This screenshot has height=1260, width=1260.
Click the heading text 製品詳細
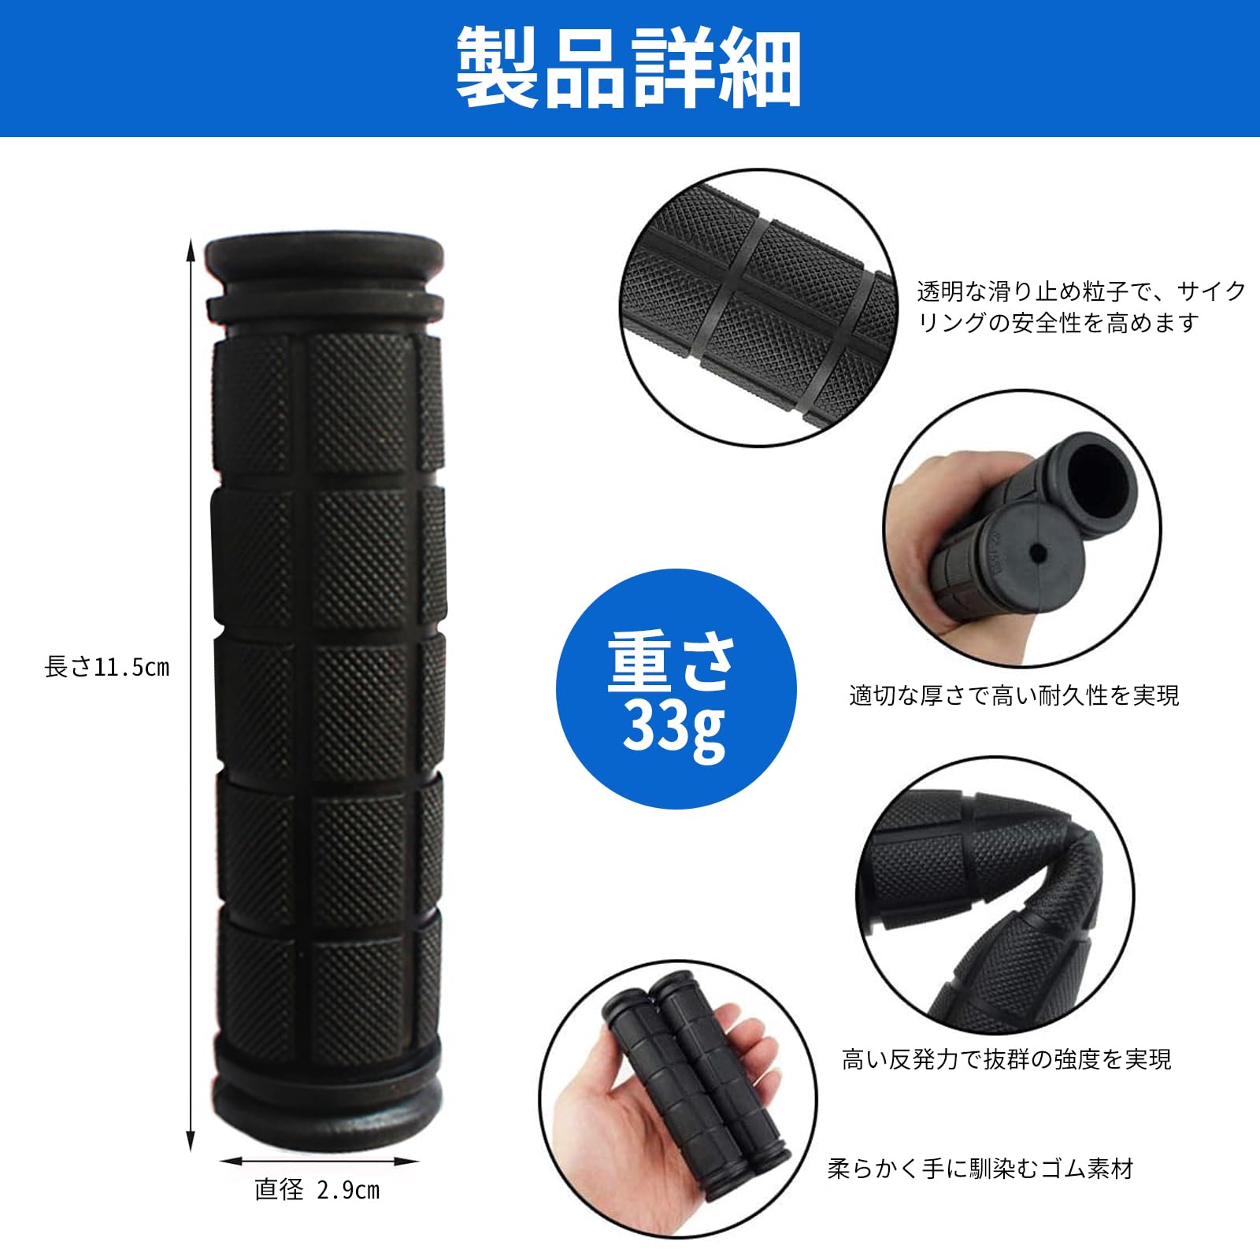pos(629,68)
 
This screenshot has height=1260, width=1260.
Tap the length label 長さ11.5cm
pos(107,667)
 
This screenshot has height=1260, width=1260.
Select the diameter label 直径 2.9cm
pos(317,1189)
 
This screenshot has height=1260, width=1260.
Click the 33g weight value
pos(674,729)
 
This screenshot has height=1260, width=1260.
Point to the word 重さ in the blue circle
pos(672,663)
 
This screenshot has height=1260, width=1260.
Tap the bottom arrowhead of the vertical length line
pos(190,1140)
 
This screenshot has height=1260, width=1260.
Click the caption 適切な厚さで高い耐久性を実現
pos(1014,695)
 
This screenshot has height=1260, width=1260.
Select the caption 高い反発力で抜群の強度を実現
pos(1006,1059)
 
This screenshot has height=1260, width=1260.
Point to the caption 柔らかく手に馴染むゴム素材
pos(980,1169)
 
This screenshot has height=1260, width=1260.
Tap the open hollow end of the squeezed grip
pos(1102,478)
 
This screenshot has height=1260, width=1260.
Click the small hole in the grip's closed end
pos(1039,554)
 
